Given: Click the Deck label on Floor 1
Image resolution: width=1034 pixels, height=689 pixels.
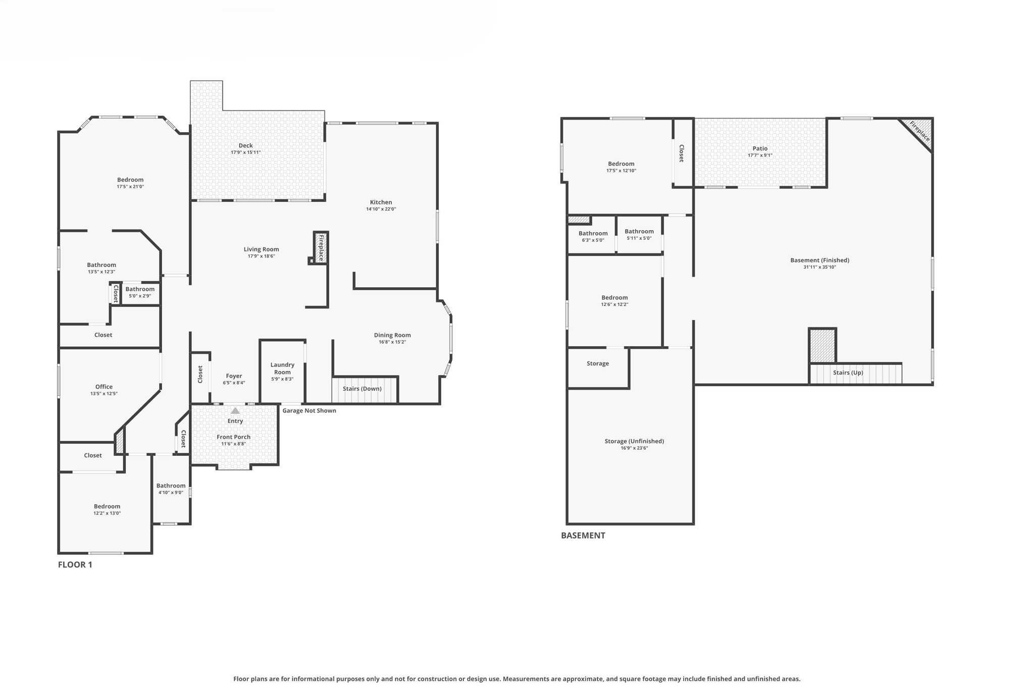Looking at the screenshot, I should (x=245, y=145).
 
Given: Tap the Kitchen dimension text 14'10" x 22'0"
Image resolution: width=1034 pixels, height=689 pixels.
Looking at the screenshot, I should (x=381, y=209).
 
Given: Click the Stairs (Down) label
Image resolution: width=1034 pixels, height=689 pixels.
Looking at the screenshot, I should (x=362, y=389).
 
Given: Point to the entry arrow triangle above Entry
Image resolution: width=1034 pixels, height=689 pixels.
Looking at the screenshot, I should (x=235, y=411).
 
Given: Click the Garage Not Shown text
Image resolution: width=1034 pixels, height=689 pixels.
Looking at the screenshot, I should (x=309, y=410).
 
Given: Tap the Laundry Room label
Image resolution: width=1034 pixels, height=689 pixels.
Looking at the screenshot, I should (x=282, y=368).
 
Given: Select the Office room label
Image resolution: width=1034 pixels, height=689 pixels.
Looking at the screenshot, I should (x=104, y=387).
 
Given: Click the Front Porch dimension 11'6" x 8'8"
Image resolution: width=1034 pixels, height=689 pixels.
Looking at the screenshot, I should (x=233, y=444).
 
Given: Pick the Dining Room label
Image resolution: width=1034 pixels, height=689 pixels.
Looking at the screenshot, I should (x=392, y=335).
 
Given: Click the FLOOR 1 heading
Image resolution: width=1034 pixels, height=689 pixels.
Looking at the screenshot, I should (x=75, y=564).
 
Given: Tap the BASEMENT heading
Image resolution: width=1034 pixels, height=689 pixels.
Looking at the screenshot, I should (x=583, y=536).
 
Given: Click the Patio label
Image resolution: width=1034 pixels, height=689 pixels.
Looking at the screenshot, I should (x=760, y=148).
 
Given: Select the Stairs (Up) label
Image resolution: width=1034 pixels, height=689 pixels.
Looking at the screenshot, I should (x=848, y=373).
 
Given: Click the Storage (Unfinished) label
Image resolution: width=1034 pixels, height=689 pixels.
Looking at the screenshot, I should (x=634, y=441).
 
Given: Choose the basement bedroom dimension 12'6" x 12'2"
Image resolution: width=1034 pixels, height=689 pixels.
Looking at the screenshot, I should (x=614, y=304).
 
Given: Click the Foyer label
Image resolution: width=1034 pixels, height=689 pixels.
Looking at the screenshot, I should (x=234, y=376).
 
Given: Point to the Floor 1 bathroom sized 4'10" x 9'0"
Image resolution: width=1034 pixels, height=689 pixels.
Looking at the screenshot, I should (x=171, y=489).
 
